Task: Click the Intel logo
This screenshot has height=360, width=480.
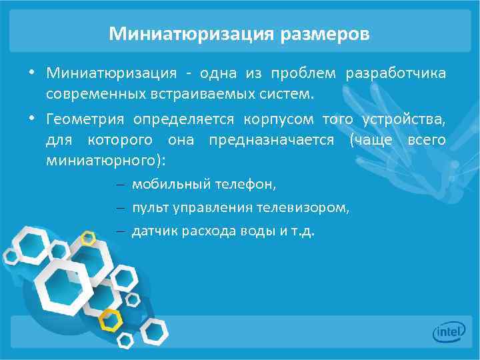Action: pyautogui.click(x=448, y=331)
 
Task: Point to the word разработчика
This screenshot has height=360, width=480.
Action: pyautogui.click(x=396, y=73)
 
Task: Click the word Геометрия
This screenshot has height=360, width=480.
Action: pyautogui.click(x=85, y=119)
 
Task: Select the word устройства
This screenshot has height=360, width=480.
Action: pyautogui.click(x=404, y=119)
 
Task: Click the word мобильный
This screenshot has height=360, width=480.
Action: pyautogui.click(x=169, y=184)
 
